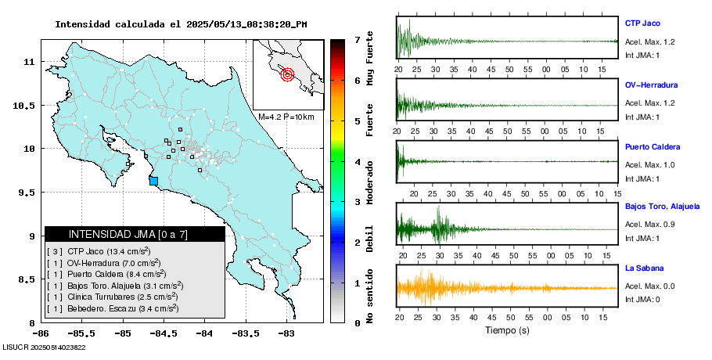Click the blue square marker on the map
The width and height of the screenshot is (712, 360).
153,181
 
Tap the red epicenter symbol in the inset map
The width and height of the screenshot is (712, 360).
287,75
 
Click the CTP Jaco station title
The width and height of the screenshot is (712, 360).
642,23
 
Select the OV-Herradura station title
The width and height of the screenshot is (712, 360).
651,85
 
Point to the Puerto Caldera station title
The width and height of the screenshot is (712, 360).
653,146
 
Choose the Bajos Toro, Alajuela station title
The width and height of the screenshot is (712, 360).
660,207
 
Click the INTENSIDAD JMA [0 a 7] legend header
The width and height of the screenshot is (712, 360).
128,234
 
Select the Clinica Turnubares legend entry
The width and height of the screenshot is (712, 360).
112,297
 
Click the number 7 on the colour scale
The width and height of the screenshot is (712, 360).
357,39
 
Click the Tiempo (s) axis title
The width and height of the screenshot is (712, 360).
508,330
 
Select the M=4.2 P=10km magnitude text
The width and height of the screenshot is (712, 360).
286,117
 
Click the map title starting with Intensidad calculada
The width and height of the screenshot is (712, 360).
181,24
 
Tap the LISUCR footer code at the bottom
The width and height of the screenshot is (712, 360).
44,347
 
